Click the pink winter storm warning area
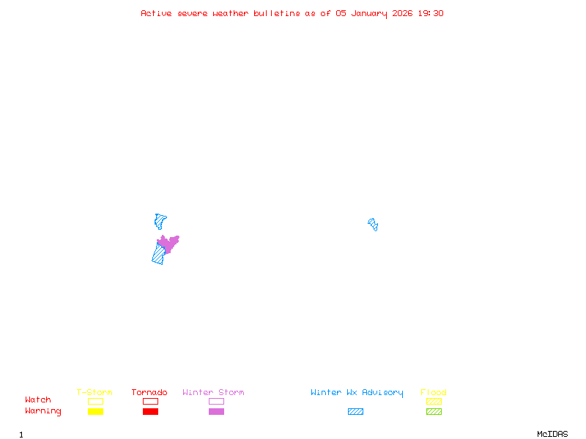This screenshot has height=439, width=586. [x=168, y=244]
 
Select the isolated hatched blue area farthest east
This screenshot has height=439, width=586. [x=373, y=224]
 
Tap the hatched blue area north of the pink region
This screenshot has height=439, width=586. [x=160, y=220]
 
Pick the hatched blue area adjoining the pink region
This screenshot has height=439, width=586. [x=158, y=255]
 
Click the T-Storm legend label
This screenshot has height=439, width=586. [x=94, y=393]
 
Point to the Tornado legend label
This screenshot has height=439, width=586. [x=149, y=393]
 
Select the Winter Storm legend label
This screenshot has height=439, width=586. [x=213, y=393]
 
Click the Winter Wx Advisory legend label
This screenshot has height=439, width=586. [x=357, y=393]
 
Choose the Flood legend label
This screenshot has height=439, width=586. [x=434, y=393]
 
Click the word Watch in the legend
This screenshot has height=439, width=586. [x=38, y=400]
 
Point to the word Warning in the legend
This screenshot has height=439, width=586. [x=43, y=411]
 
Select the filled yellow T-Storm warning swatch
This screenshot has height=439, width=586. [x=95, y=412]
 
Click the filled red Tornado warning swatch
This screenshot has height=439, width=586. [x=150, y=412]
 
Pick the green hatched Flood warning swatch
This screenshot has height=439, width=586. [x=434, y=412]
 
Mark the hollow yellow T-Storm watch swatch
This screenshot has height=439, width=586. [x=95, y=401]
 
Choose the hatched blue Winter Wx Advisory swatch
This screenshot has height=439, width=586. [x=355, y=412]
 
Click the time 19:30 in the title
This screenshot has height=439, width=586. [x=431, y=13]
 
